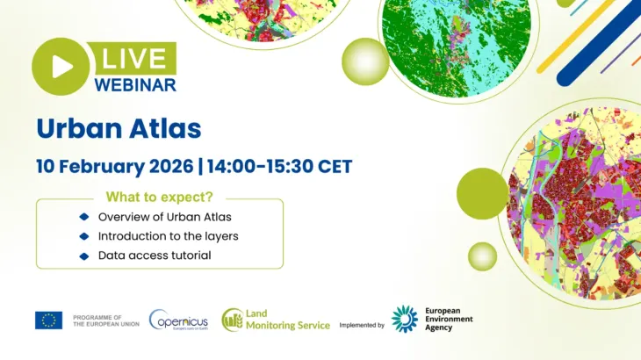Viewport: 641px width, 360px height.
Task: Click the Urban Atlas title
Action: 119,128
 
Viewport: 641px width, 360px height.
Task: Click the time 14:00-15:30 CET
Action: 279,165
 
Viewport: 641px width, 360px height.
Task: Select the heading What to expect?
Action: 159,198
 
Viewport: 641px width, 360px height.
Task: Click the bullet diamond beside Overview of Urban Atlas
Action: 84,217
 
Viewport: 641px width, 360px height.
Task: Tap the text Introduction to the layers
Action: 168,236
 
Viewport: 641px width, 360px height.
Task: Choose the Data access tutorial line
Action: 155,256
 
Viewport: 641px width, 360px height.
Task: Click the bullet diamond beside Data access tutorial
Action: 84,256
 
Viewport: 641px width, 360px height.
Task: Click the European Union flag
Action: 48,320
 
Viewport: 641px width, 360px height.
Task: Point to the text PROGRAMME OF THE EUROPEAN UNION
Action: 105,320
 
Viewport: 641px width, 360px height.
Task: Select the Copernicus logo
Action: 178,320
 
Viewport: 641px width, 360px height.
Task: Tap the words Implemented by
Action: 362,325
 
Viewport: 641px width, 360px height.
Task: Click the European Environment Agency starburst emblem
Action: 404,319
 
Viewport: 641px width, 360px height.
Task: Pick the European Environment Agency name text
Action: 449,319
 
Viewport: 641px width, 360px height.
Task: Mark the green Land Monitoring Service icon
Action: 233,320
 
